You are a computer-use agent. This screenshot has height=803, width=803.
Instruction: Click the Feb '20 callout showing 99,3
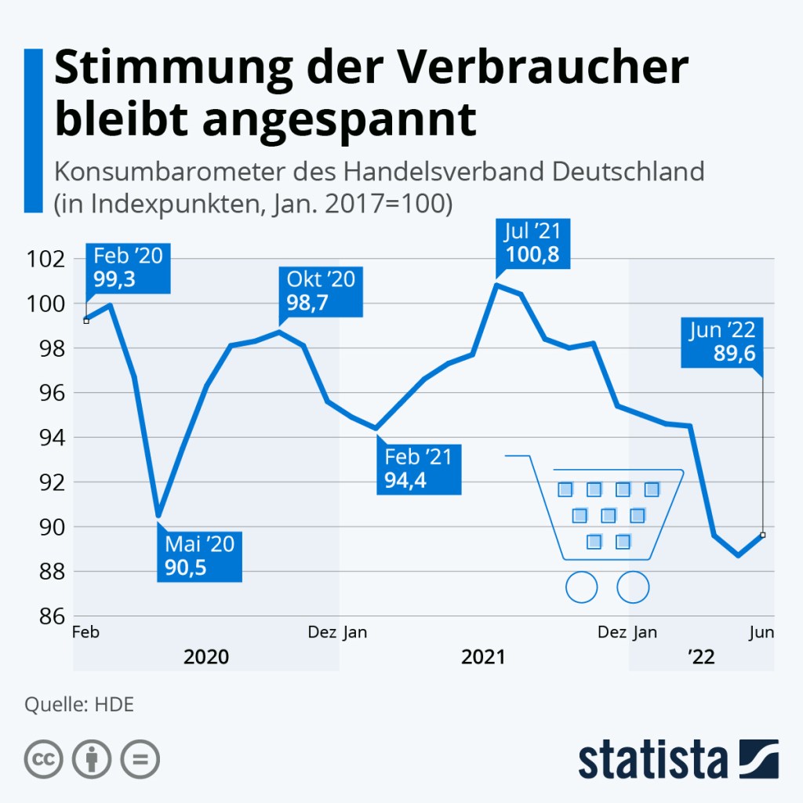[128, 269]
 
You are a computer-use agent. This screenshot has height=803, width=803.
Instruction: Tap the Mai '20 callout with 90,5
[199, 556]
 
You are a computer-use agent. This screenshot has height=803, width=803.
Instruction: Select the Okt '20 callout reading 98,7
[321, 292]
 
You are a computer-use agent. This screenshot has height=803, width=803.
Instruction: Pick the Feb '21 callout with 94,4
[419, 468]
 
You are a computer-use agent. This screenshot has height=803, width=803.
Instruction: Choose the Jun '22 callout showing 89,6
[722, 343]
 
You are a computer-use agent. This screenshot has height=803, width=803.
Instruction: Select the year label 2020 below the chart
[206, 657]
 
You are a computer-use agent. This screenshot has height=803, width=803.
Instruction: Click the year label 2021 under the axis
[483, 657]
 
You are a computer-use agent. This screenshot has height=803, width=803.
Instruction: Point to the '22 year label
[701, 657]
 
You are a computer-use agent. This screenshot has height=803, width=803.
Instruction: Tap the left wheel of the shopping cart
[581, 587]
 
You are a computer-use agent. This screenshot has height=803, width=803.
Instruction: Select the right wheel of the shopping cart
[633, 587]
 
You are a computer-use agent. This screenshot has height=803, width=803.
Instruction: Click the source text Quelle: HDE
[79, 704]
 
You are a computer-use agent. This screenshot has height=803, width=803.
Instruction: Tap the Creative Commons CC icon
[44, 759]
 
